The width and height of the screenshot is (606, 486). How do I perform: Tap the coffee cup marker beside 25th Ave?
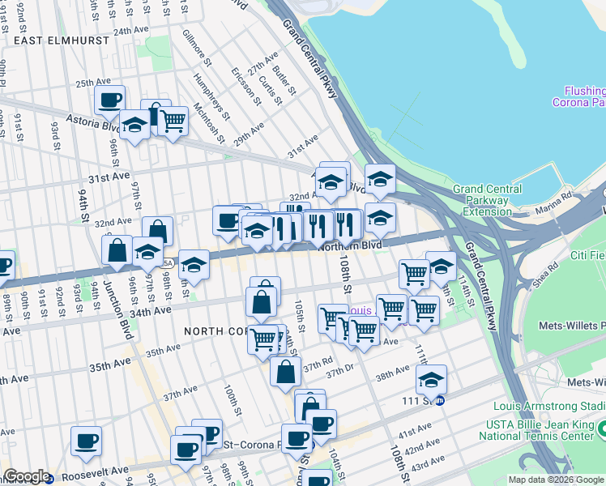pos(109,100)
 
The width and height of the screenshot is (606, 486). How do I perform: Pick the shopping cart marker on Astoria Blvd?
pos(173,122)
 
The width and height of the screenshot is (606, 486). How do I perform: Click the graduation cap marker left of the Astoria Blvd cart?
pos(134,125)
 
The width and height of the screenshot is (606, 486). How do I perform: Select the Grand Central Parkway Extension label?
pos(481,200)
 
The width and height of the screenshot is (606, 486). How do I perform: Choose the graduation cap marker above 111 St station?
pos(432,379)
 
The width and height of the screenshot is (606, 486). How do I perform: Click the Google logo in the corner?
pos(26,476)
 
